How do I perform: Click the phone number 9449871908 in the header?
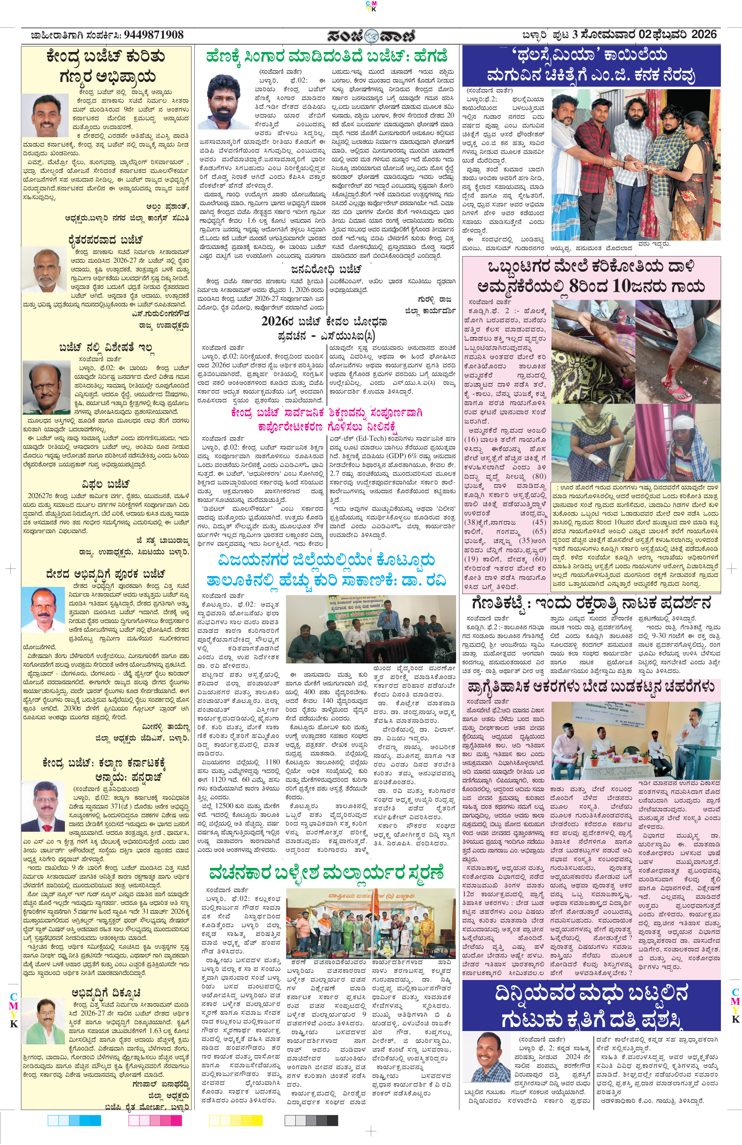coord(153,35)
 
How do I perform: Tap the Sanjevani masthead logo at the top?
coord(371,36)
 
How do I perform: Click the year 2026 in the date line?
coord(704,35)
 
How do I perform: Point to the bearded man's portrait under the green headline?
coord(224,101)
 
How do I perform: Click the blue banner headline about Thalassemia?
coord(591,66)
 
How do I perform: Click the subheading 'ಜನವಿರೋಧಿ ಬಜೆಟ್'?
coord(326,269)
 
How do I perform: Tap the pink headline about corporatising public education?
coord(326,419)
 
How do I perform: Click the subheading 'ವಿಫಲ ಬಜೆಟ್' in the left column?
coord(106,483)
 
